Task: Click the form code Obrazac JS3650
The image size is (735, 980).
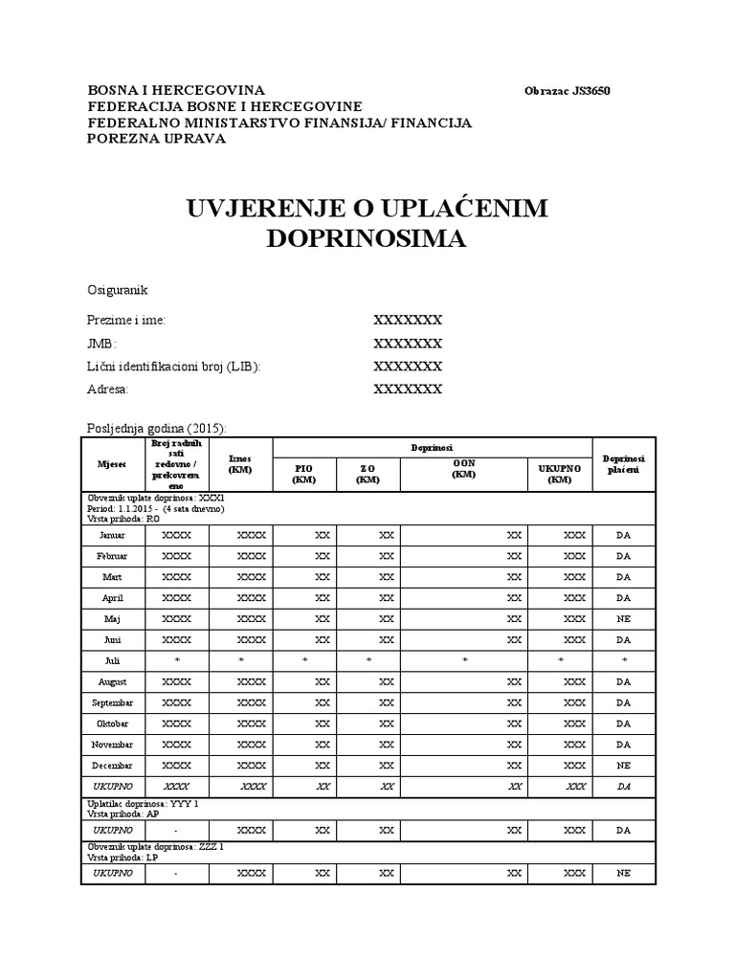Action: pyautogui.click(x=567, y=91)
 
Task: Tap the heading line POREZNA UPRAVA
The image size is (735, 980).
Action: pyautogui.click(x=156, y=139)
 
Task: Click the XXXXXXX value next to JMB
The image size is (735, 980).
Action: pyautogui.click(x=408, y=343)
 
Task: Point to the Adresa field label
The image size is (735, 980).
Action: pyautogui.click(x=107, y=390)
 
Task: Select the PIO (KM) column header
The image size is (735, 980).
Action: pyautogui.click(x=303, y=473)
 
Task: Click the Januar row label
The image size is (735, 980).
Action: pyautogui.click(x=112, y=534)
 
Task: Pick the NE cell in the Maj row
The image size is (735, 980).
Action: pyautogui.click(x=623, y=618)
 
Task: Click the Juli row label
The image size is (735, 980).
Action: pyautogui.click(x=112, y=660)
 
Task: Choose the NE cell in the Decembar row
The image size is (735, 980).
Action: pyautogui.click(x=623, y=766)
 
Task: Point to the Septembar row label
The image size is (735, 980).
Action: pyautogui.click(x=112, y=702)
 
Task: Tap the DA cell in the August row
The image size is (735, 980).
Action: pyautogui.click(x=623, y=681)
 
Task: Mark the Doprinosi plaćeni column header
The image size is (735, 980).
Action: pyautogui.click(x=623, y=463)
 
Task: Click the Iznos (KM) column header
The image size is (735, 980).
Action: pyautogui.click(x=240, y=463)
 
